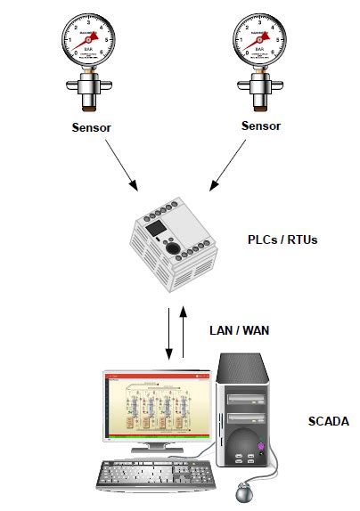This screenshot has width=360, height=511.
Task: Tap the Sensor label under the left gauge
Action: pos(93,127)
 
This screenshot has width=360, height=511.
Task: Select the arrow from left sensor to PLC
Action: pos(117,166)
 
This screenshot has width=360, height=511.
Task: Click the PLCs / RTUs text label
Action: pos(283,240)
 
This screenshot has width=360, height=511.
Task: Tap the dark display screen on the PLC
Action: pos(157,230)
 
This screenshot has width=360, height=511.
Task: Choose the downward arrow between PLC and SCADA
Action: pos(168,335)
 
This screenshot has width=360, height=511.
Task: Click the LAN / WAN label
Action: pos(239,330)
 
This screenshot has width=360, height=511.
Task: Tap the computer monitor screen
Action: pos(158,404)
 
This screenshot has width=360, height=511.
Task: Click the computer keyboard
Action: pos(157,474)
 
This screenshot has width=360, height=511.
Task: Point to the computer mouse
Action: pos(243,491)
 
